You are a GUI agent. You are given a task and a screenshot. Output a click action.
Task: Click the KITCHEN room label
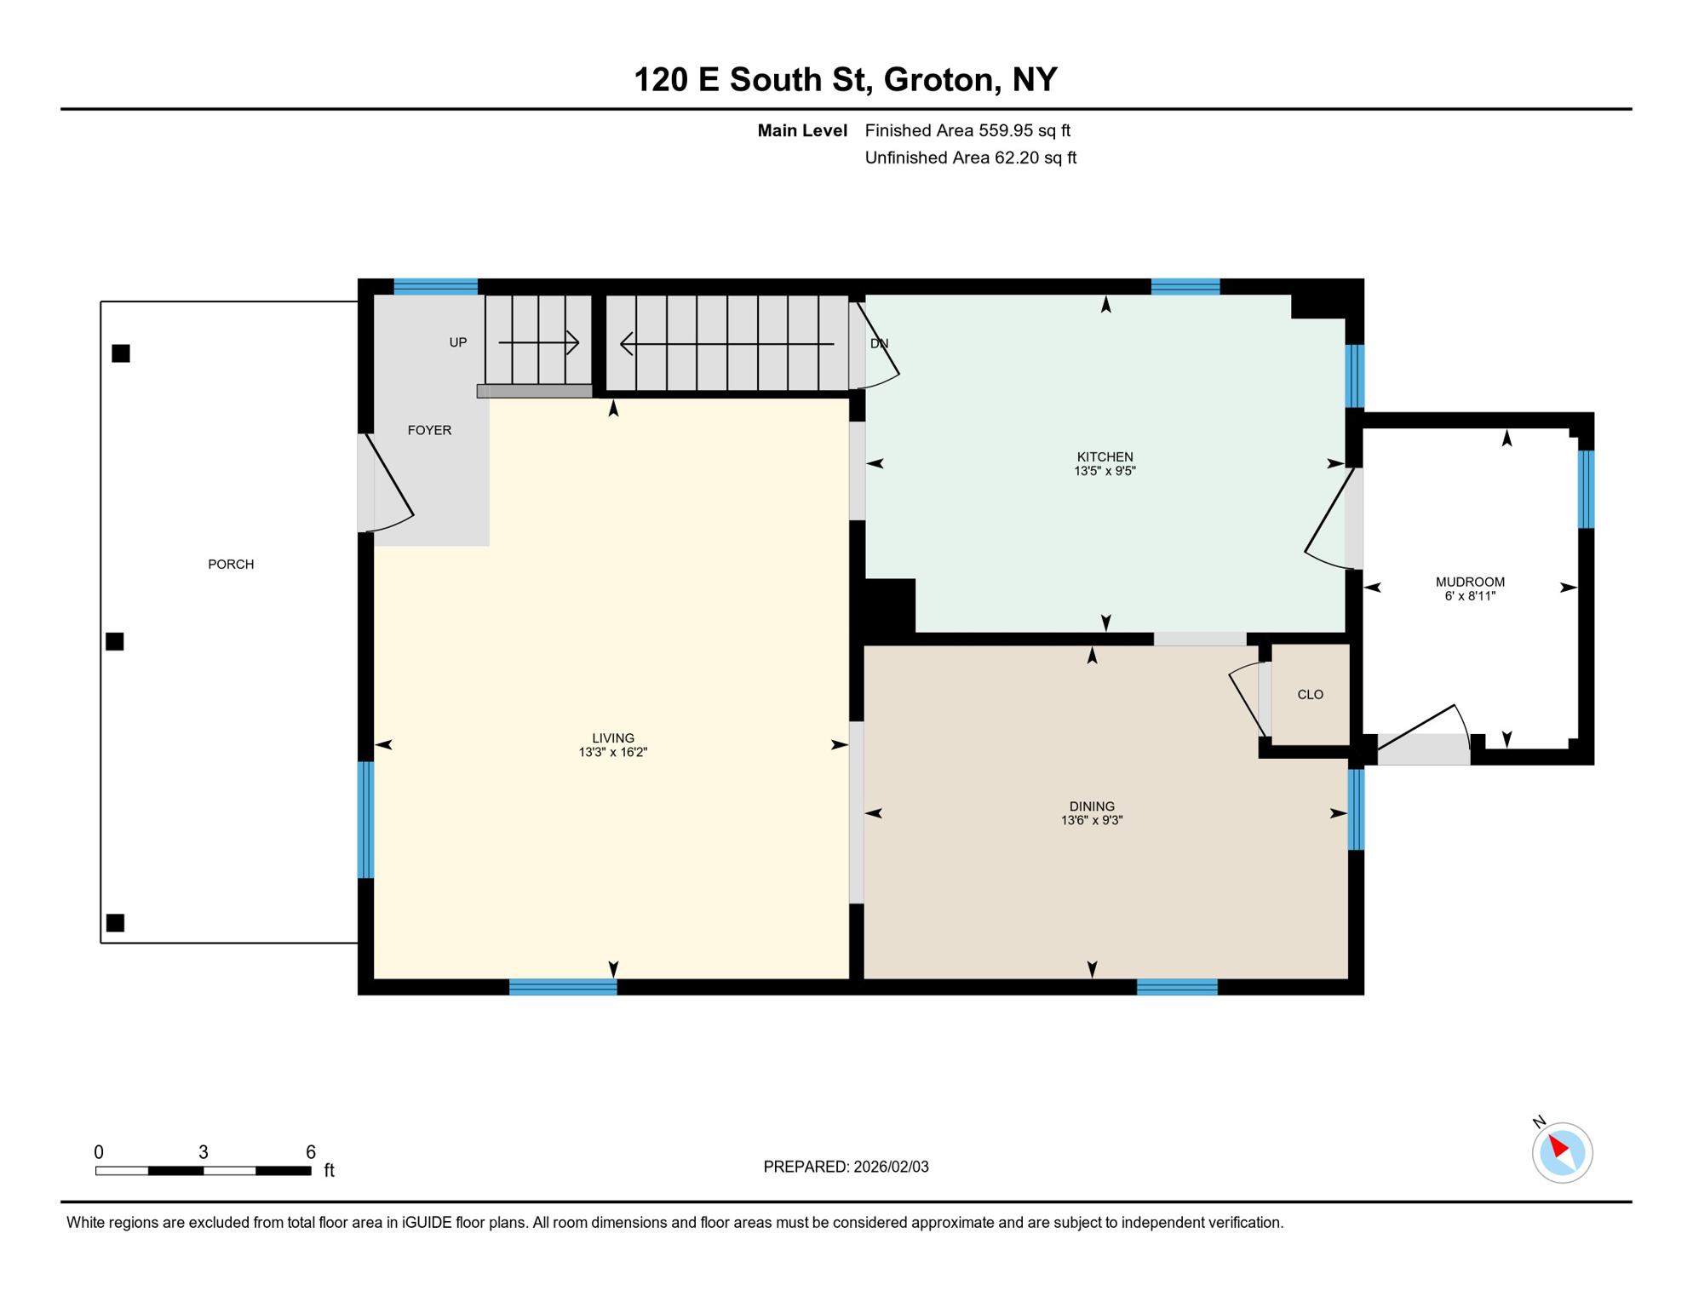tap(1105, 456)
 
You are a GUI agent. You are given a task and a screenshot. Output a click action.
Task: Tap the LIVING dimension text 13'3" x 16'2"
tap(613, 753)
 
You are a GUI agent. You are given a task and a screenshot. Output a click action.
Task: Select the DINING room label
tap(1092, 806)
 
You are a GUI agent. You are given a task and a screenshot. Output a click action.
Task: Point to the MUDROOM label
tap(1470, 582)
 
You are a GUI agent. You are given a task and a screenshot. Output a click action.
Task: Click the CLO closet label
tap(1310, 695)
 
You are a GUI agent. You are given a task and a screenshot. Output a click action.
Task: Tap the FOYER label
tap(429, 430)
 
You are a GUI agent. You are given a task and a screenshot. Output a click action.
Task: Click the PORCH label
tap(231, 565)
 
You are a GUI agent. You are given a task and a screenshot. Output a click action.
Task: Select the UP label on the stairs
tap(458, 342)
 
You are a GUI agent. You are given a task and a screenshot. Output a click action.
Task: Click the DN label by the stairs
tap(879, 344)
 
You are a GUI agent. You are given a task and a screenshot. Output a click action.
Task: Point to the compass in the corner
tap(1562, 1153)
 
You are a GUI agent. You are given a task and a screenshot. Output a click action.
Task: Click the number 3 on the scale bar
tap(204, 1152)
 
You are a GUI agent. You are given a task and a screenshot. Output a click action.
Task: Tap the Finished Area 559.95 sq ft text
tap(967, 130)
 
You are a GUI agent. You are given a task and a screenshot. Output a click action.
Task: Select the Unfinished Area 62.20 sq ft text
tap(970, 158)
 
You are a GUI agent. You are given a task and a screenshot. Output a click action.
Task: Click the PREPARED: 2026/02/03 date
tap(846, 1167)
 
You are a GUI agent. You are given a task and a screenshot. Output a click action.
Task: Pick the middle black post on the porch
tap(115, 641)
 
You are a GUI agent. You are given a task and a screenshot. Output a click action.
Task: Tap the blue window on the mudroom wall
tap(1586, 490)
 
